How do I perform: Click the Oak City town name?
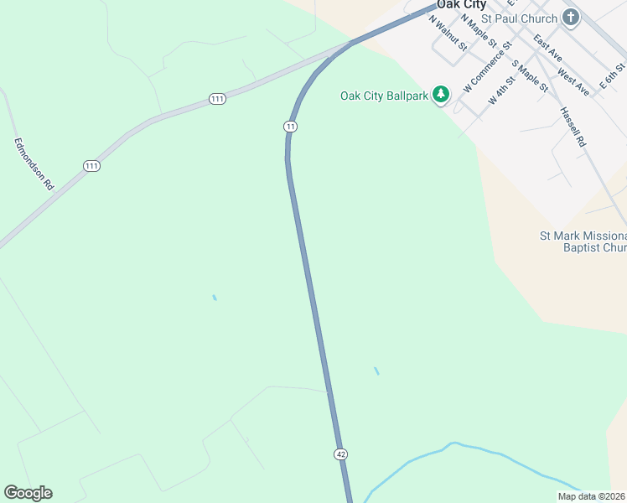pyautogui.click(x=461, y=5)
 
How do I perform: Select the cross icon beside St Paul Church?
pyautogui.click(x=571, y=18)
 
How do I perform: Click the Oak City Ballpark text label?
pyautogui.click(x=385, y=96)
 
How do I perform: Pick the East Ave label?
pyautogui.click(x=547, y=49)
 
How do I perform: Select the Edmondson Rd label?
pyautogui.click(x=34, y=163)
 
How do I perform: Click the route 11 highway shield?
pyautogui.click(x=290, y=126)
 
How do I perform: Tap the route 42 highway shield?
pyautogui.click(x=340, y=454)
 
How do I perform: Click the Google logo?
pyautogui.click(x=28, y=493)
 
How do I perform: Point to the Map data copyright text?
pyautogui.click(x=592, y=496)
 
